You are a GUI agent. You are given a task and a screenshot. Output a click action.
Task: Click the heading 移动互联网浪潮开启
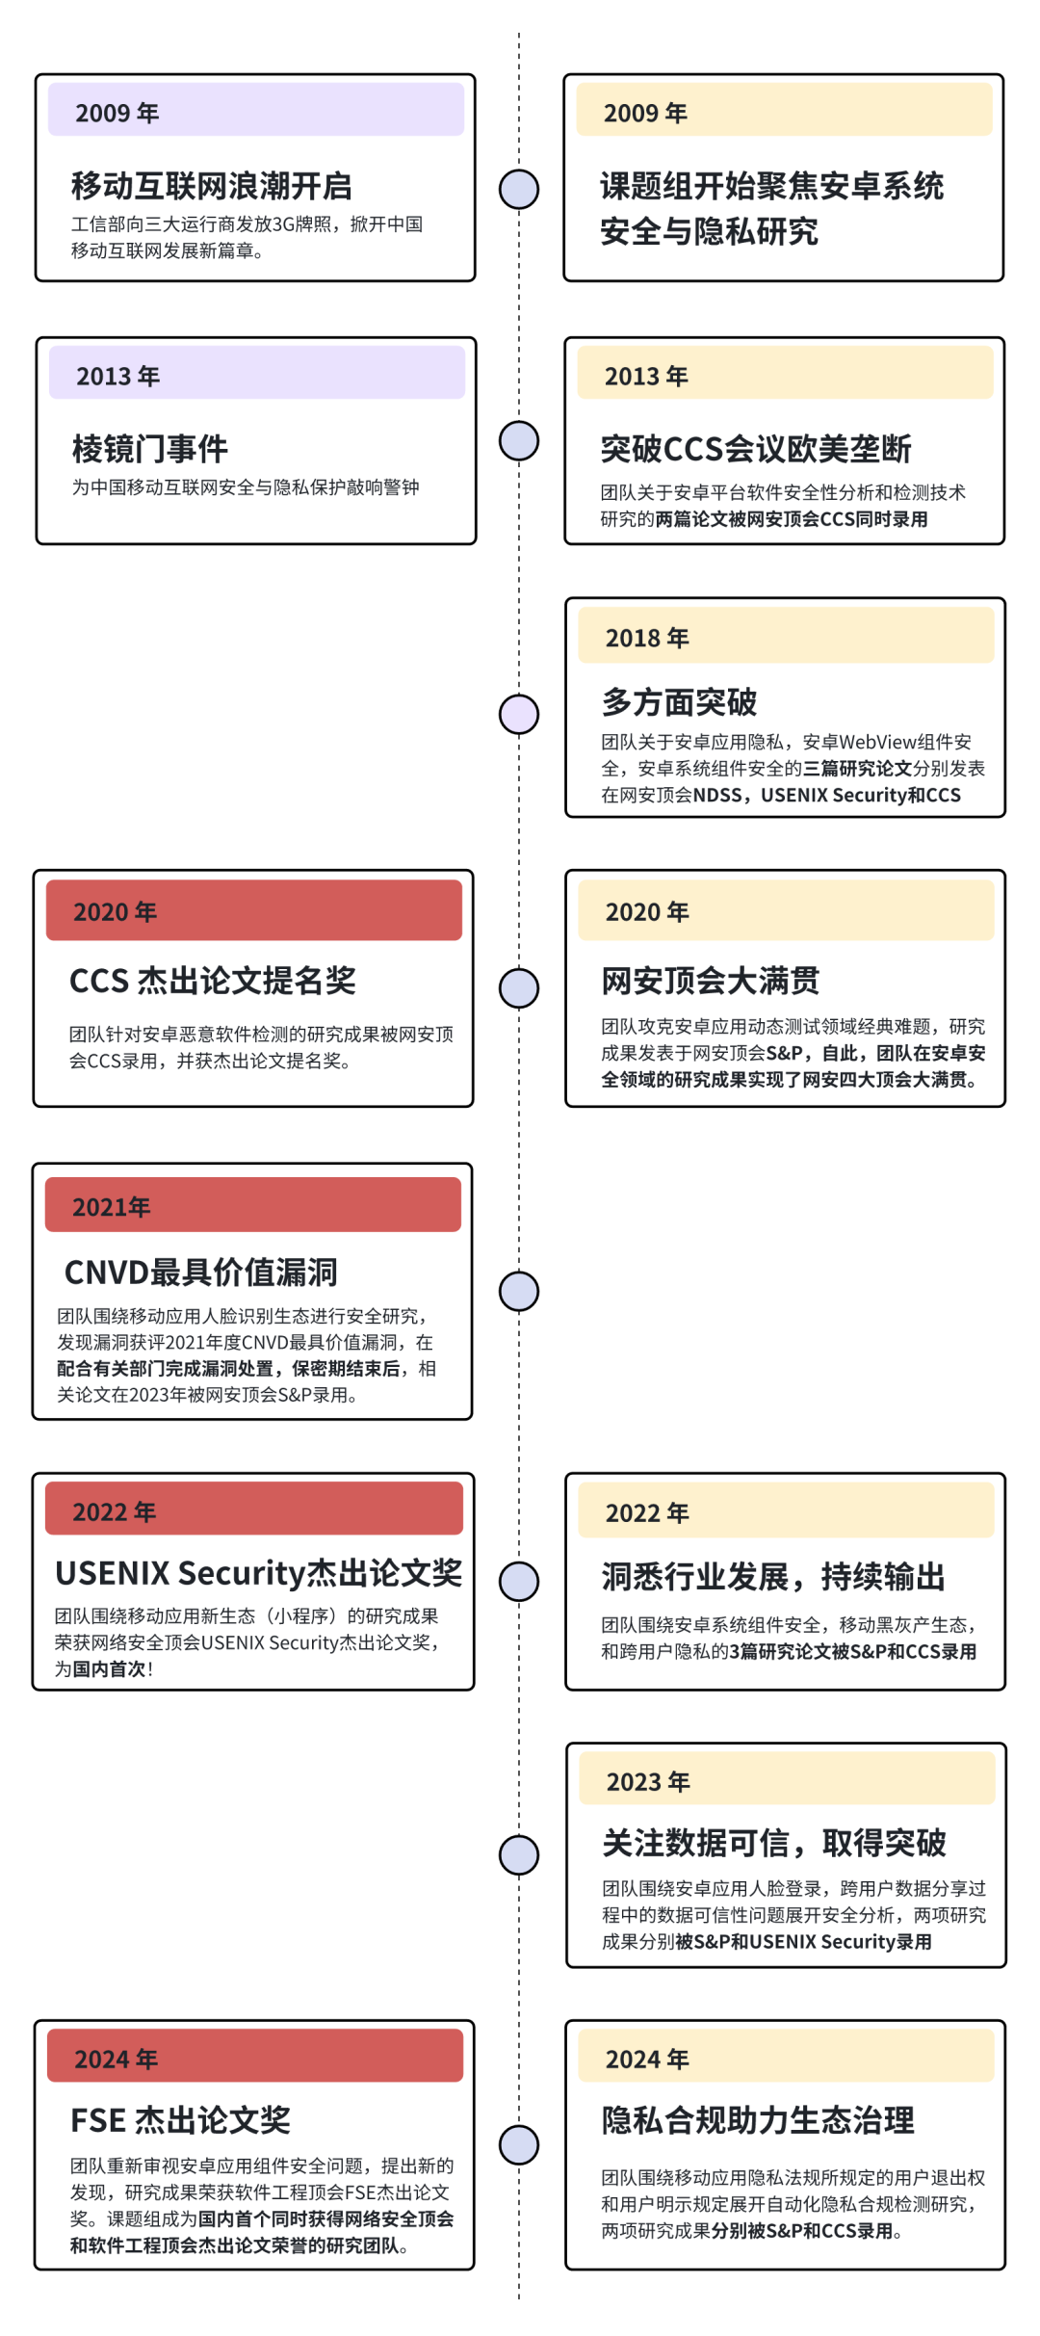(x=212, y=186)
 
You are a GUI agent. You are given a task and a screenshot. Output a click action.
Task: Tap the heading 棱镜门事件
(x=150, y=449)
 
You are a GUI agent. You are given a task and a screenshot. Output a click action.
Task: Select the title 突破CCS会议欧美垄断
(x=756, y=449)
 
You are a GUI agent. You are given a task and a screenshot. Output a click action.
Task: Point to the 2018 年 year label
(x=647, y=638)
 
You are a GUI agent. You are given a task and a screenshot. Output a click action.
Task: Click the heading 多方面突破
(x=680, y=702)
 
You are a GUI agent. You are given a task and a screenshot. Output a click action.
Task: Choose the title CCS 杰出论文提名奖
(x=213, y=981)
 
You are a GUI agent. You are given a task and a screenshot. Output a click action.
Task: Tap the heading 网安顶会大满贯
(x=711, y=981)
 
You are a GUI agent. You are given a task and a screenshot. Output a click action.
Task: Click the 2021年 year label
(x=112, y=1207)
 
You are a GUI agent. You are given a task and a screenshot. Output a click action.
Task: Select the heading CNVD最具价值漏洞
(x=201, y=1273)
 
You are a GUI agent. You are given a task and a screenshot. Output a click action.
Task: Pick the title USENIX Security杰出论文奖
(x=258, y=1573)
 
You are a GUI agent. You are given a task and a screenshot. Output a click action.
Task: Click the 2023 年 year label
(x=648, y=1782)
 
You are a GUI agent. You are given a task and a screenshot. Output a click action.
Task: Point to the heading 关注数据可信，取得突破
(x=774, y=1843)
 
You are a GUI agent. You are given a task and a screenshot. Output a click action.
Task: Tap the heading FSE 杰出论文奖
(x=181, y=2120)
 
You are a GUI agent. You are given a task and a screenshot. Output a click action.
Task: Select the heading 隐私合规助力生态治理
(x=758, y=2120)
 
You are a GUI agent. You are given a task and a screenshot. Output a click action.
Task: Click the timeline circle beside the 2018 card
(x=519, y=714)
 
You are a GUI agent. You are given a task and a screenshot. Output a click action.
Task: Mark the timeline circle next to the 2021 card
(x=519, y=1292)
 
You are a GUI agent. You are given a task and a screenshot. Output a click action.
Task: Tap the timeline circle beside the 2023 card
(x=519, y=1855)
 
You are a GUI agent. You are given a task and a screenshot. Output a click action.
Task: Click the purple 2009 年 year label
(x=117, y=113)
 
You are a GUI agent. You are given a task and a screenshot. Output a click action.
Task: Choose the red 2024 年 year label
(x=117, y=2060)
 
